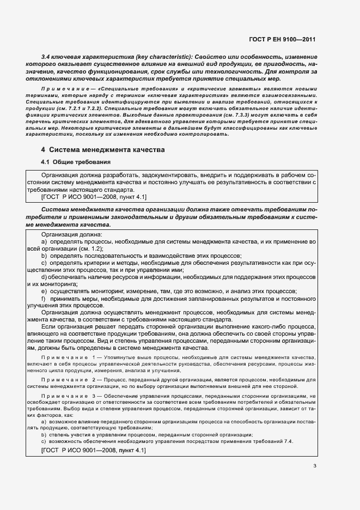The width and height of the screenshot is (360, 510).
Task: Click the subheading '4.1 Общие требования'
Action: pyautogui.click(x=76, y=162)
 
